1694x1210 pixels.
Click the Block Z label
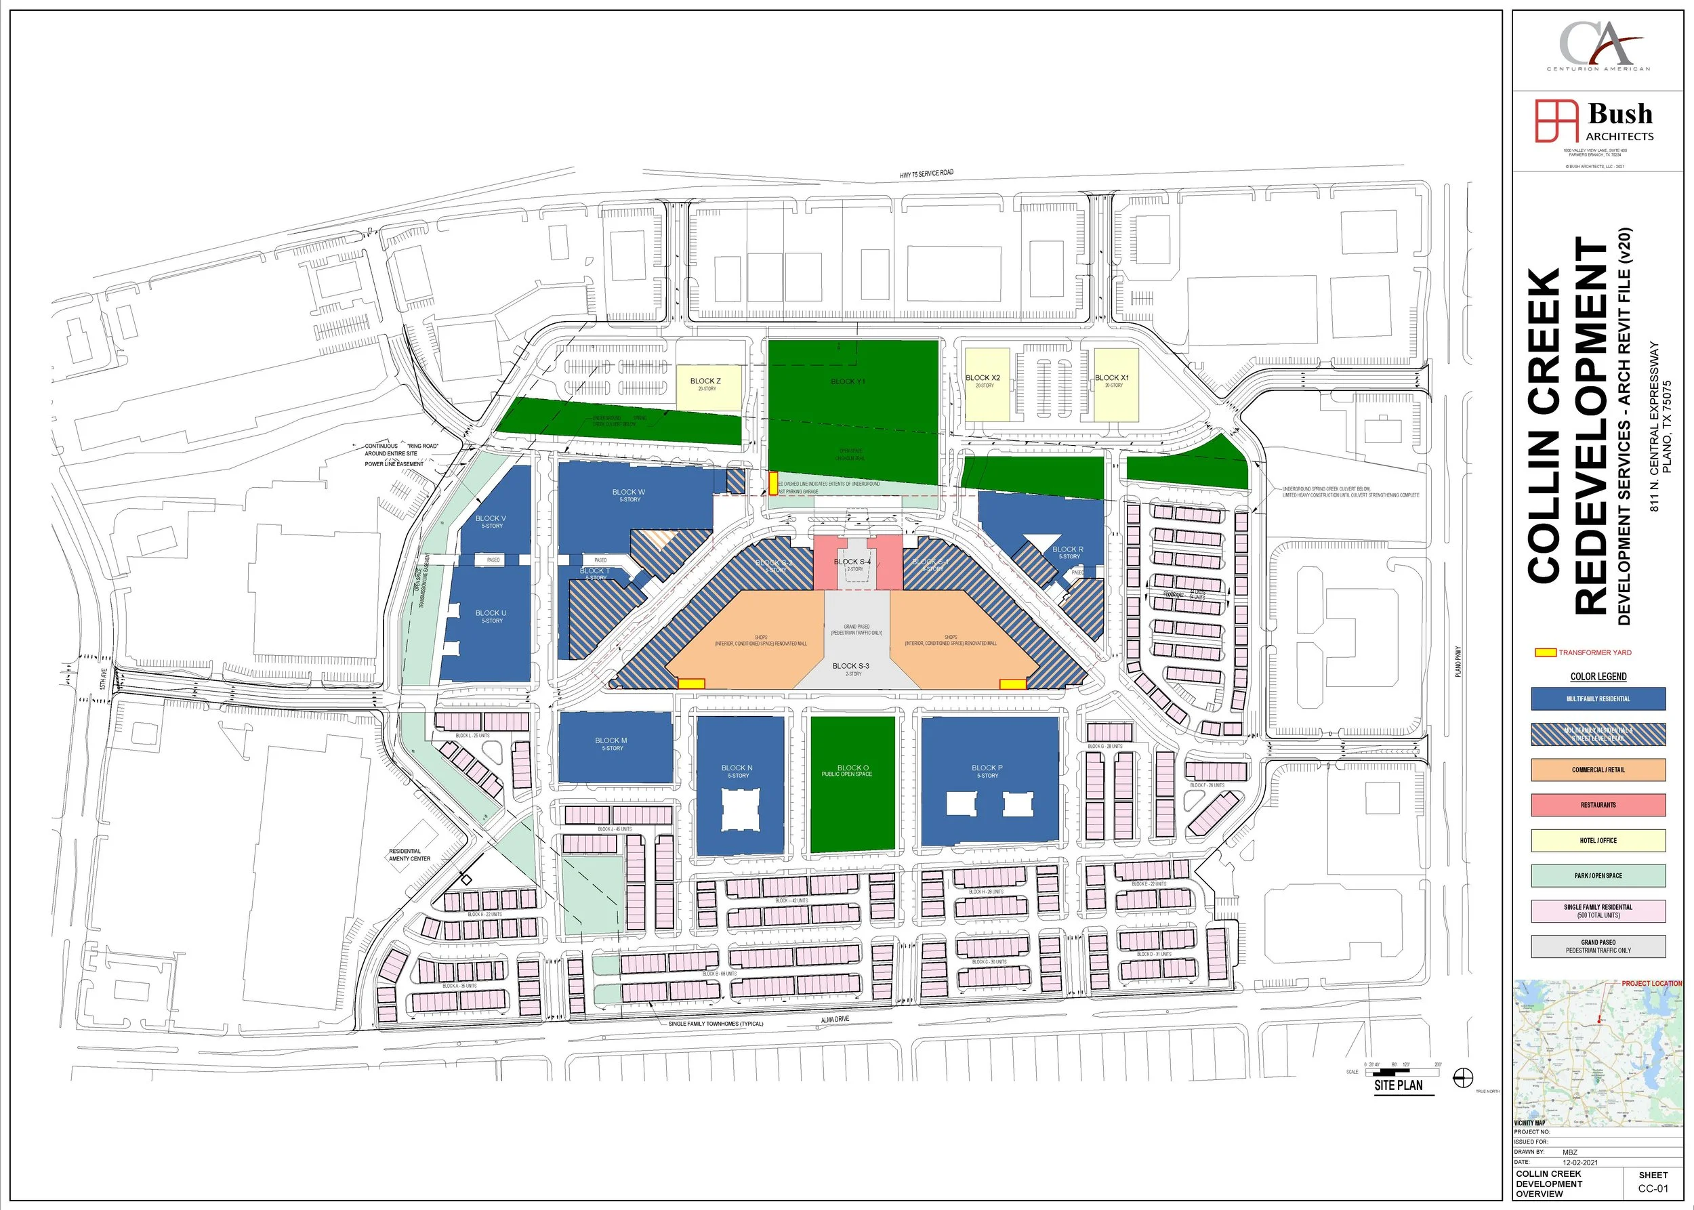pos(705,381)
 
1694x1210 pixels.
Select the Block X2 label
pos(983,379)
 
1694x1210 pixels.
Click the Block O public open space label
pos(852,770)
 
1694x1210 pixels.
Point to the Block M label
pos(611,740)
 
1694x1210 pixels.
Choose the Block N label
pos(737,768)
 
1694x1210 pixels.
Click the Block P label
pos(987,768)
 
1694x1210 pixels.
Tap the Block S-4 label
pos(852,562)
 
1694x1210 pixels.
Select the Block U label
pos(491,613)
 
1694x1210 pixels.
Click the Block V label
pos(491,518)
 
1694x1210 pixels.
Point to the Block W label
pos(628,493)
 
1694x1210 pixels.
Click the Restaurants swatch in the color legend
pos(1598,806)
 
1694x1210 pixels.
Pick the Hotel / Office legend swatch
pos(1598,841)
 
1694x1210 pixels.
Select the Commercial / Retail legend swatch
pos(1598,770)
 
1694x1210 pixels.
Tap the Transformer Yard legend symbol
pos(1545,652)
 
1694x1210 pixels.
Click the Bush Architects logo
pos(1594,121)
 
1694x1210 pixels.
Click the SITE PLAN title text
pos(1398,1085)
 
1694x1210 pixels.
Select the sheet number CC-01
pos(1653,1188)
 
